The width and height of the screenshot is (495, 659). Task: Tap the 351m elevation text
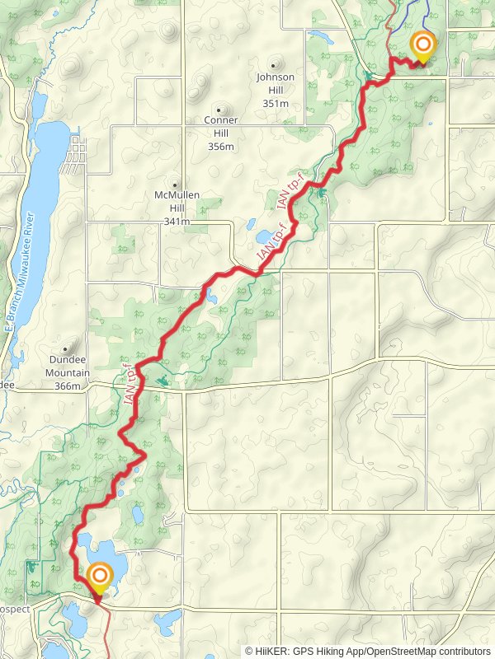tap(275, 104)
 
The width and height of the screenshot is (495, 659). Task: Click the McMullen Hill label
tap(177, 201)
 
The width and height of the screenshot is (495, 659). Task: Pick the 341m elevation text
tap(177, 222)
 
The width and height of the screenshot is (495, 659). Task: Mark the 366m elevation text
tap(68, 386)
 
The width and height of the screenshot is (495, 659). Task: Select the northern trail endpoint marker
tap(422, 47)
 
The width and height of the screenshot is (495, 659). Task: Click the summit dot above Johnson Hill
tap(273, 65)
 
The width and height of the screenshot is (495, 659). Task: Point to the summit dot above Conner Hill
tap(219, 109)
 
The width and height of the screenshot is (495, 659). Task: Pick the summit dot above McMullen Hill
tap(175, 185)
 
